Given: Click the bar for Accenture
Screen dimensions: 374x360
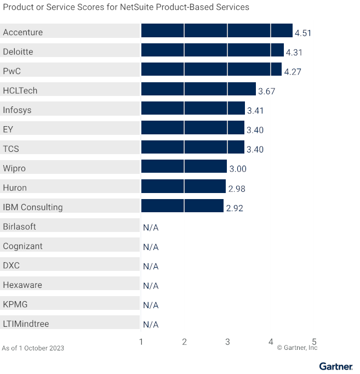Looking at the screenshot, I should pyautogui.click(x=216, y=31).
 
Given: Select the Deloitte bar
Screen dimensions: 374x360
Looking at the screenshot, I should pyautogui.click(x=212, y=50).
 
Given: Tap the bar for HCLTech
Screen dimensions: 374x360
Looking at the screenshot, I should pyautogui.click(x=198, y=89).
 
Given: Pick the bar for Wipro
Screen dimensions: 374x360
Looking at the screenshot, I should pyautogui.click(x=184, y=167).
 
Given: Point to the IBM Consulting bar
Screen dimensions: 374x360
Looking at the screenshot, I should pyautogui.click(x=182, y=206).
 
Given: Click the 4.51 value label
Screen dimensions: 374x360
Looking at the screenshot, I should pyautogui.click(x=303, y=33).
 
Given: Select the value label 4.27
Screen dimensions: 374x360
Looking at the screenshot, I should pyautogui.click(x=292, y=72).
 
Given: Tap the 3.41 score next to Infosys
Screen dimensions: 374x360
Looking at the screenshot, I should pyautogui.click(x=255, y=111).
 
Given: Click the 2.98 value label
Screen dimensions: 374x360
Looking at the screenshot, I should pyautogui.click(x=236, y=189).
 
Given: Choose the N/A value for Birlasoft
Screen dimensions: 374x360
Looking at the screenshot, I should pyautogui.click(x=151, y=228).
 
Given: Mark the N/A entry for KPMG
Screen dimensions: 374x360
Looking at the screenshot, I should pyautogui.click(x=151, y=305).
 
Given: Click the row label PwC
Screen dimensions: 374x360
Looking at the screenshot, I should pyautogui.click(x=12, y=71).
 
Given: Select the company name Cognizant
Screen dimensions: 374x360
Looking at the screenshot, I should pyautogui.click(x=22, y=246).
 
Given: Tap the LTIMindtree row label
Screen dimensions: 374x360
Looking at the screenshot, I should pyautogui.click(x=26, y=324).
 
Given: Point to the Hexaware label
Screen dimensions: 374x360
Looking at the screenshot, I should pyautogui.click(x=22, y=285).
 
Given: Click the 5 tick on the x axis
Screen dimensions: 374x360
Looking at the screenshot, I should pyautogui.click(x=314, y=342).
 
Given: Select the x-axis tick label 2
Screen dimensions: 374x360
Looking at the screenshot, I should pyautogui.click(x=184, y=342).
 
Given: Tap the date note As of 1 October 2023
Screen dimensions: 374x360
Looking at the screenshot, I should pyautogui.click(x=33, y=348).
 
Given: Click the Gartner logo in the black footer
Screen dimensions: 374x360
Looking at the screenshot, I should pyautogui.click(x=336, y=366).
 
